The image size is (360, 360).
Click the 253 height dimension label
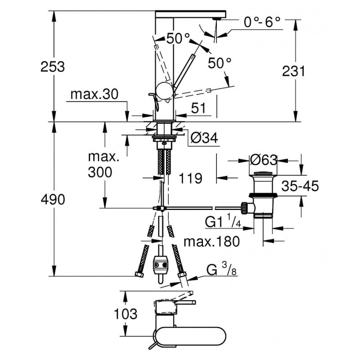click(53, 67)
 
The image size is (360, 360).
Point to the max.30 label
click(94, 94)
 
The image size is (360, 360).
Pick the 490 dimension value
click(53, 199)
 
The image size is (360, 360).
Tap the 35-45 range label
click(300, 185)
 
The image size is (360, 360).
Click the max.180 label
click(211, 242)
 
